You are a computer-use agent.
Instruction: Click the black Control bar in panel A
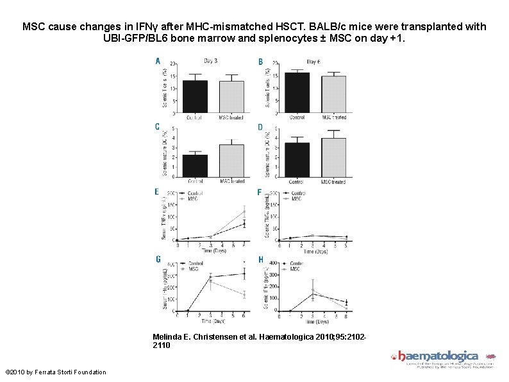click(195, 97)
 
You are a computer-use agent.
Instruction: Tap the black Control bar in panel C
click(195, 166)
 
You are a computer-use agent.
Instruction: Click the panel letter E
click(157, 191)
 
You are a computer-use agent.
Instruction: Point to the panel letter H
click(260, 259)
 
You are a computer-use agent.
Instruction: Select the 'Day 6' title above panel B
click(314, 61)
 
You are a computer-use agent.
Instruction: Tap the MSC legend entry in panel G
click(194, 269)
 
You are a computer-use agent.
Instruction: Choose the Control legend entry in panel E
click(194, 193)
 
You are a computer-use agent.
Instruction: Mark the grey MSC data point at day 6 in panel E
click(244, 211)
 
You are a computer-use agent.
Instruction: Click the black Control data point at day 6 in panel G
click(244, 273)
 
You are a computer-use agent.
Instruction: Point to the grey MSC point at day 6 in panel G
click(244, 295)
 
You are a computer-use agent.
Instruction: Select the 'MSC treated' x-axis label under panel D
click(334, 182)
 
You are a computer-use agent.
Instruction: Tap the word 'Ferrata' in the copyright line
click(54, 372)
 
